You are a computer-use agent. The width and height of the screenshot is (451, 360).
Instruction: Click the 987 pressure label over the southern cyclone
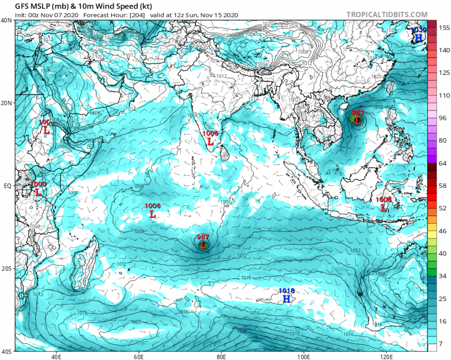click(x=203, y=237)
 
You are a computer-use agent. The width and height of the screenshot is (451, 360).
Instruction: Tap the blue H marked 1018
click(x=287, y=299)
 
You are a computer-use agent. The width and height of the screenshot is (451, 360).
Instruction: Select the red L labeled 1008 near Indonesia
click(x=383, y=208)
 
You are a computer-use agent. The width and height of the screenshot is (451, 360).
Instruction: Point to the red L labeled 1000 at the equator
click(x=38, y=192)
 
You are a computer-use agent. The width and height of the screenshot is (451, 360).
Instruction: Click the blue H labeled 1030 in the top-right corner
click(x=418, y=37)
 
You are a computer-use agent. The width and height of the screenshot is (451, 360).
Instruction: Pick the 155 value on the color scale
click(x=443, y=28)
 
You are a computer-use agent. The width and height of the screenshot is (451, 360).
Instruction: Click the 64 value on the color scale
click(x=443, y=163)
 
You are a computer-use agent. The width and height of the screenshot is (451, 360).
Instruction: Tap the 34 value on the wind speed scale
click(x=443, y=276)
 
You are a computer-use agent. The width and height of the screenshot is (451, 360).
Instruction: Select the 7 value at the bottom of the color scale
click(x=443, y=344)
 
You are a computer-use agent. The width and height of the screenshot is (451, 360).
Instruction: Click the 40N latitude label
click(x=7, y=20)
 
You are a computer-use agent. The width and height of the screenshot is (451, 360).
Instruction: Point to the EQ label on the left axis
click(x=8, y=185)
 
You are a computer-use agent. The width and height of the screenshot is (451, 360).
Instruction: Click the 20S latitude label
click(x=7, y=268)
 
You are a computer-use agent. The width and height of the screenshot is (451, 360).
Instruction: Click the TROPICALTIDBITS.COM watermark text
click(x=387, y=15)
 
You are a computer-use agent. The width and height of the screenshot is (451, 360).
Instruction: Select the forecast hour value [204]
click(x=134, y=15)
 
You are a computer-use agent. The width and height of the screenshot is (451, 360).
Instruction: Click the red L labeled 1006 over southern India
click(x=210, y=141)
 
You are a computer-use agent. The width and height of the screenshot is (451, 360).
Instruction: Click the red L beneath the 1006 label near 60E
click(x=153, y=215)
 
